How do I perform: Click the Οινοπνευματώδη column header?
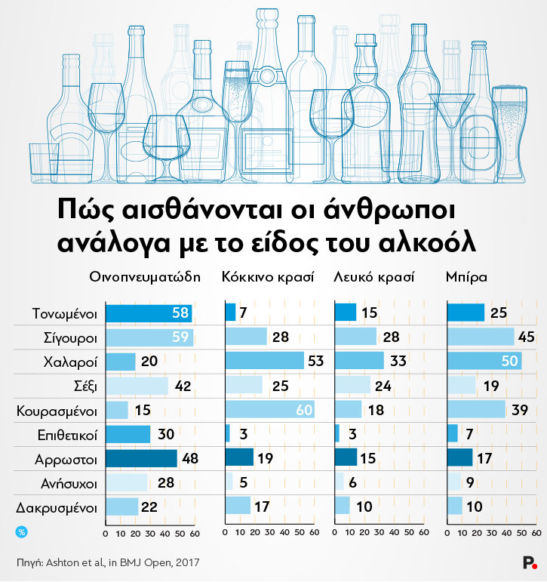(x=145, y=277)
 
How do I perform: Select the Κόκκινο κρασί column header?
(x=268, y=277)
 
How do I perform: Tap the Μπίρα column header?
(x=466, y=277)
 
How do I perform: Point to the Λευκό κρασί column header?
(x=374, y=277)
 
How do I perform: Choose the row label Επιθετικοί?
(x=66, y=435)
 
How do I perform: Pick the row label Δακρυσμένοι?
(x=62, y=507)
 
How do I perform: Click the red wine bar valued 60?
(x=269, y=410)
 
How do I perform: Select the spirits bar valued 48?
(x=141, y=458)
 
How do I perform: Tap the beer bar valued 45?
(x=481, y=337)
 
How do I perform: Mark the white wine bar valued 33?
(x=358, y=361)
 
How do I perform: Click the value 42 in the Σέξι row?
(x=183, y=386)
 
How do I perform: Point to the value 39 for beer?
(x=519, y=410)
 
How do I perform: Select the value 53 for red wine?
(x=315, y=361)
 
